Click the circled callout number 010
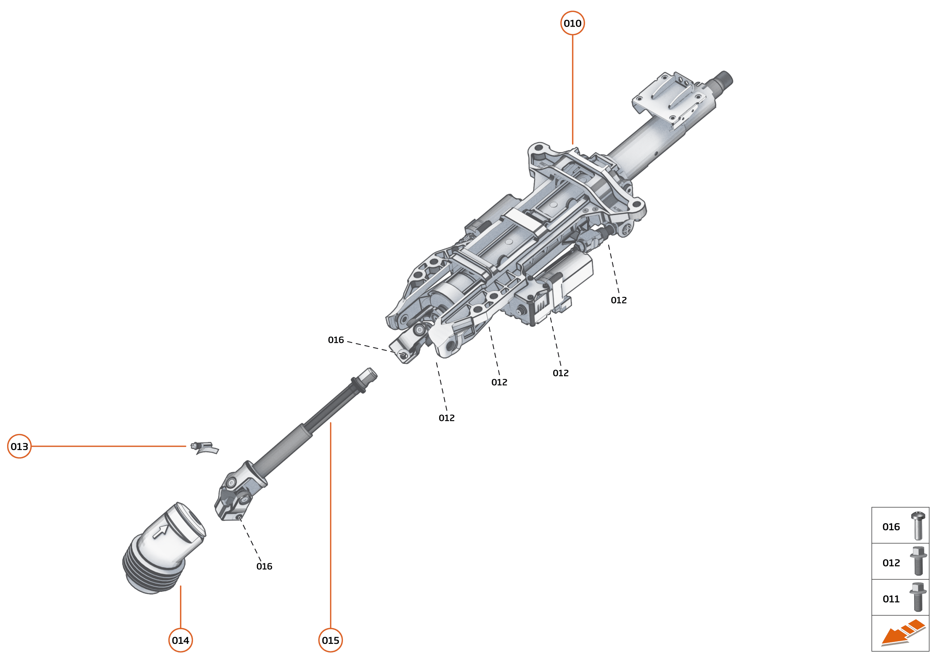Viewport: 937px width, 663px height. coord(572,23)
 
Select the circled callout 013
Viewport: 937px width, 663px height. coord(19,446)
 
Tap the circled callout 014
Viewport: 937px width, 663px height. coord(180,640)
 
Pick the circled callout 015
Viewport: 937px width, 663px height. coord(330,640)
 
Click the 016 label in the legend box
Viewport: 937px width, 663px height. coord(891,527)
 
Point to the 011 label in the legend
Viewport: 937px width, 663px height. coord(891,599)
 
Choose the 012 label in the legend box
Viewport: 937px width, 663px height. coord(891,563)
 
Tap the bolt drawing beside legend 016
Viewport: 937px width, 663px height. coord(918,526)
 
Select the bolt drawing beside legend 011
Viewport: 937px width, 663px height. coord(918,597)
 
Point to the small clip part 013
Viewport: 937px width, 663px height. coord(205,448)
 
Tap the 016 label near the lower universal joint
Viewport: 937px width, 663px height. coord(264,566)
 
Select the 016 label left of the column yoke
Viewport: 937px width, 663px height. coord(335,340)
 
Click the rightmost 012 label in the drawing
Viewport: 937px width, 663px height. coord(618,300)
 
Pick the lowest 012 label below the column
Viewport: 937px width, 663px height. coord(446,418)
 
